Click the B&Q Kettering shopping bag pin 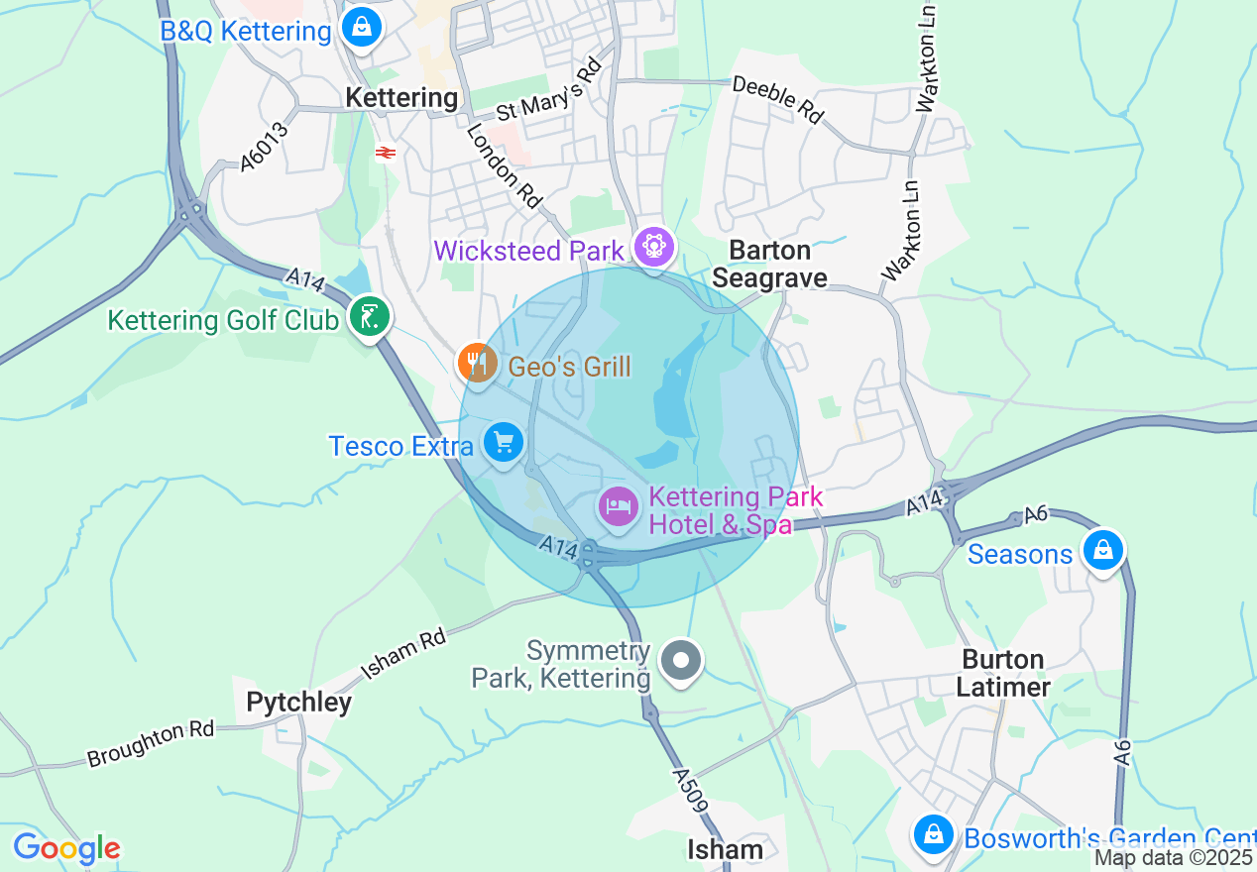click(363, 27)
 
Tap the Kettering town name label click(401, 98)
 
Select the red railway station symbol click(386, 152)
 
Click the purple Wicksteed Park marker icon click(654, 245)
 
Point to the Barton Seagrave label click(769, 264)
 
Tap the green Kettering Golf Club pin click(369, 317)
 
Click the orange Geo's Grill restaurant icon click(478, 363)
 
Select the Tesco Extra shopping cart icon click(504, 442)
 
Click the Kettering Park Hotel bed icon click(619, 507)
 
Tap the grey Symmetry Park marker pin click(681, 660)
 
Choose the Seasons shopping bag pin click(1102, 550)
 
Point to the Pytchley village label click(298, 703)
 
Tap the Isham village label click(726, 849)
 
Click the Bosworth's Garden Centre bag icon click(933, 834)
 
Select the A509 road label click(691, 790)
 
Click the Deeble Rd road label click(779, 100)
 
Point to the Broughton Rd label click(151, 744)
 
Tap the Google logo click(66, 849)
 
